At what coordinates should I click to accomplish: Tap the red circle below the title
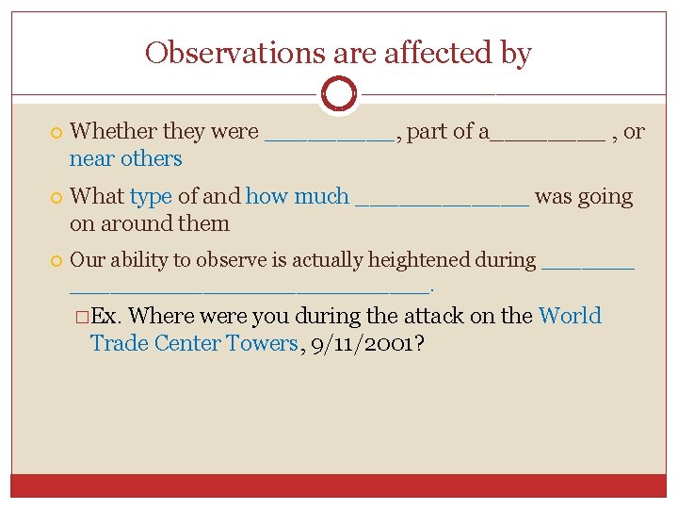click(x=338, y=94)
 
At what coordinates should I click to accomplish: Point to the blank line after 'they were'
click(x=330, y=138)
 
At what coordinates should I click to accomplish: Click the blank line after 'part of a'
click(x=547, y=138)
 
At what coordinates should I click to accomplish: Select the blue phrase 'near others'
click(x=125, y=158)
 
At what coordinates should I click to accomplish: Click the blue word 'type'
click(x=151, y=197)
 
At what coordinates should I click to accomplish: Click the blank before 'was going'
click(x=443, y=203)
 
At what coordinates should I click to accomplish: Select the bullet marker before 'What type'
click(x=58, y=198)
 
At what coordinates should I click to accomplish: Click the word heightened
click(x=420, y=260)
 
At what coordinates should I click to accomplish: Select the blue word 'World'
click(x=569, y=316)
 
